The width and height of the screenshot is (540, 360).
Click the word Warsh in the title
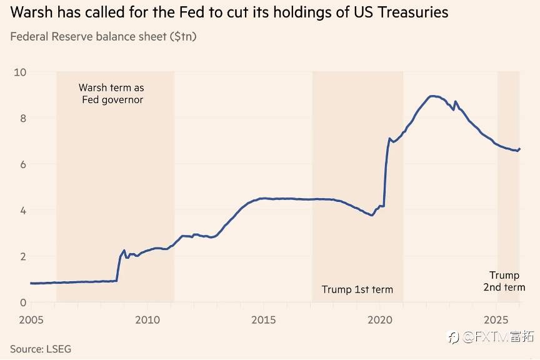click(x=29, y=12)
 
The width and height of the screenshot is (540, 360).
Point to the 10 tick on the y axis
click(x=20, y=72)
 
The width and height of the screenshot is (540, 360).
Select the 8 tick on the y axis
click(x=22, y=118)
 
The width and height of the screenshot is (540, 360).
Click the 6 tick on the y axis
click(x=22, y=164)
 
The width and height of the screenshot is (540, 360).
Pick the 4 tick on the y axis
click(x=22, y=211)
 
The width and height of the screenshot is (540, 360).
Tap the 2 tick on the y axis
click(x=22, y=256)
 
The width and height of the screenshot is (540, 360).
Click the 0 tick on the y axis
click(x=22, y=302)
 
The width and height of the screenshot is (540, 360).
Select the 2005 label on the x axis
click(x=31, y=320)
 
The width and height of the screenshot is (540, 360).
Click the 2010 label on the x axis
click(x=147, y=320)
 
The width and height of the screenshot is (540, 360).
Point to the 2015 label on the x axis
click(x=264, y=320)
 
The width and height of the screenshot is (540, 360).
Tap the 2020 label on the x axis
click(x=380, y=320)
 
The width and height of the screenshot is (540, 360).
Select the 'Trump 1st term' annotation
click(x=357, y=289)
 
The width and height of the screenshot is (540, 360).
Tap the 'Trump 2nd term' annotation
click(x=504, y=281)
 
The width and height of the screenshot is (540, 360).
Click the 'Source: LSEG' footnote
click(x=41, y=349)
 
